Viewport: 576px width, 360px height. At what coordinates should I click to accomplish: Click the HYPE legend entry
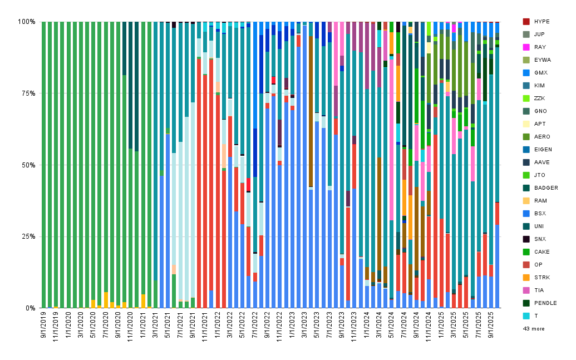click(x=536, y=22)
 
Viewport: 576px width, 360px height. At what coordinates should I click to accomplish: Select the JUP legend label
click(x=539, y=34)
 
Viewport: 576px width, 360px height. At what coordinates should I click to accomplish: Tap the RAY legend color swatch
click(x=526, y=47)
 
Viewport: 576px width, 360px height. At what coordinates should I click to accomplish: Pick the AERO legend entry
click(x=536, y=137)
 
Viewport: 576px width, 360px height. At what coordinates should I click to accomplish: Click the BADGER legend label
click(x=546, y=188)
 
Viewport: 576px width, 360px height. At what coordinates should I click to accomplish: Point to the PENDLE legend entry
click(x=540, y=303)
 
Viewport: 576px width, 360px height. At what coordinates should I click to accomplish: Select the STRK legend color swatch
click(x=526, y=277)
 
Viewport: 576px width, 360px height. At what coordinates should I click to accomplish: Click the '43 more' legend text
click(x=534, y=329)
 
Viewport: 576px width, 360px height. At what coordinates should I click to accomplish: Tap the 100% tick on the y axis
click(x=27, y=22)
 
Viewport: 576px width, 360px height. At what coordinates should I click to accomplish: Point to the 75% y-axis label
click(x=28, y=93)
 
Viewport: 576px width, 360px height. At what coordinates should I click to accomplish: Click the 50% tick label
click(x=28, y=165)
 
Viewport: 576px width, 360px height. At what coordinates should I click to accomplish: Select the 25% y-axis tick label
click(x=28, y=236)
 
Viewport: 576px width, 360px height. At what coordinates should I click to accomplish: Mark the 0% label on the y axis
click(x=29, y=308)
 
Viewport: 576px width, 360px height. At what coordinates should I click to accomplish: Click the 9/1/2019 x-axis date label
click(x=44, y=325)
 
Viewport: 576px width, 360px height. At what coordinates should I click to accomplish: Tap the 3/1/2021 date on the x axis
click(x=155, y=325)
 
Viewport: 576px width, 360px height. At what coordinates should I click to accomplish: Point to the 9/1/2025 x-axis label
click(x=491, y=325)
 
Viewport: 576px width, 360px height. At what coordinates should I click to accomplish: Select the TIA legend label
click(x=539, y=290)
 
